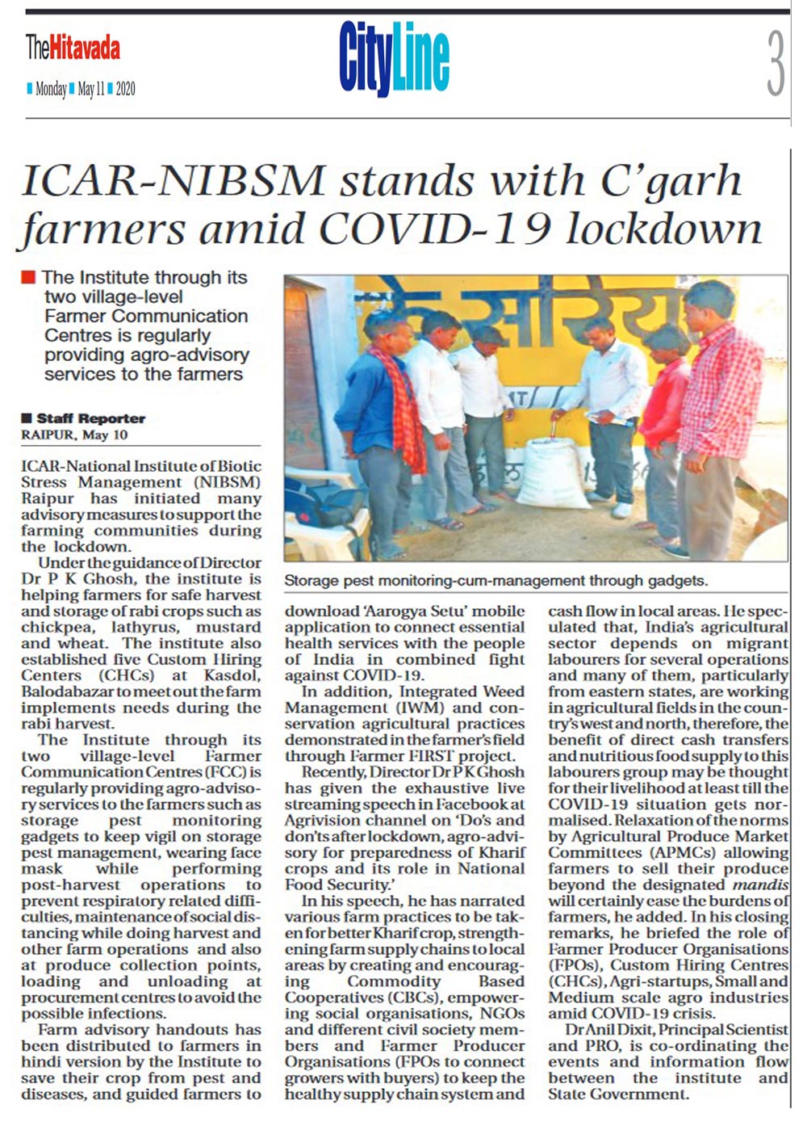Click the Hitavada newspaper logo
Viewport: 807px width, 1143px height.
coord(73,48)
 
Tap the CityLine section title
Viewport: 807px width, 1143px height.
coord(394,58)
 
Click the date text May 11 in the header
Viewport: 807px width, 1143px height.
coord(91,90)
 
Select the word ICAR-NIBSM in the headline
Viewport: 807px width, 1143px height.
coord(174,180)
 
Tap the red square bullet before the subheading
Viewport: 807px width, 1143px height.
coord(28,278)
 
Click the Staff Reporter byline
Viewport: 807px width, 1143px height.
coord(90,418)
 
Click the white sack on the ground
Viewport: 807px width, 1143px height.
coord(553,473)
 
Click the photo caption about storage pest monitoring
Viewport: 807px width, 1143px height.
coord(495,581)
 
